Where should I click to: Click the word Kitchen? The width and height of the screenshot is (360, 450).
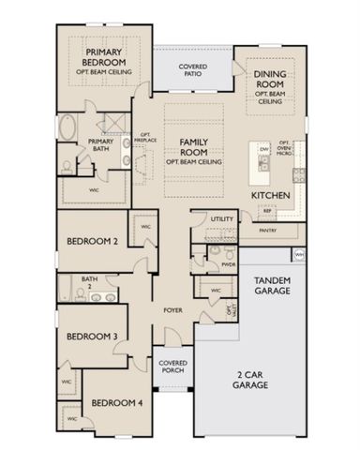click(270, 195)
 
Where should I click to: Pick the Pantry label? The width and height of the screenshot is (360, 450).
click(266, 228)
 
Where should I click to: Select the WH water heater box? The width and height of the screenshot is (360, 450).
click(298, 254)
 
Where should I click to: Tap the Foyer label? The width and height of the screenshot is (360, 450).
click(172, 308)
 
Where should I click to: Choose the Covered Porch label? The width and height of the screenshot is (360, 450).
click(172, 367)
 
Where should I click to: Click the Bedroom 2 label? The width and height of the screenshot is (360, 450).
click(91, 241)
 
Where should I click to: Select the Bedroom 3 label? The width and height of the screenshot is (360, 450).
click(91, 337)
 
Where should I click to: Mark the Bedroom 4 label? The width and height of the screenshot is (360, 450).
click(115, 403)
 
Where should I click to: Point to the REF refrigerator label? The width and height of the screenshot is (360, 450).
click(241, 213)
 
